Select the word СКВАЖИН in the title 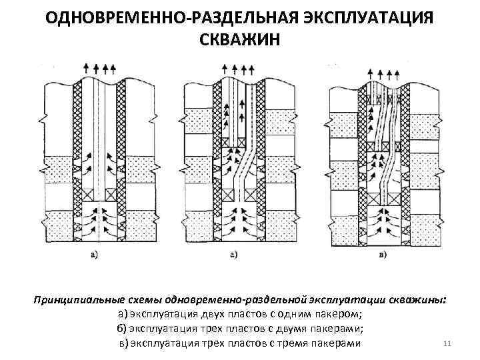239,39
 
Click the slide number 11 447,344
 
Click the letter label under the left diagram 94,254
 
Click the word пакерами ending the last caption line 337,343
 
